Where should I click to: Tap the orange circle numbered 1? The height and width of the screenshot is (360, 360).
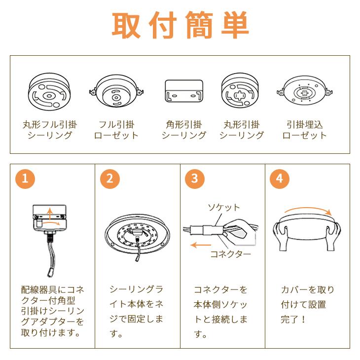[26, 178]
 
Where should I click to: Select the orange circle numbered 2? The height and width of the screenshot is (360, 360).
[110, 178]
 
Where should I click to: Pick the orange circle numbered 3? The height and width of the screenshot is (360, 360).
[195, 178]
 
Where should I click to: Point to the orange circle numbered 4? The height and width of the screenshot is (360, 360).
[280, 178]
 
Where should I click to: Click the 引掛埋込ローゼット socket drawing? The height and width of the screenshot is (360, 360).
[304, 93]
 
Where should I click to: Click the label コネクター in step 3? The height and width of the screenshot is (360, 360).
[230, 255]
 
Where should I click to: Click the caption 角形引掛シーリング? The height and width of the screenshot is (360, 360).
[183, 130]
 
